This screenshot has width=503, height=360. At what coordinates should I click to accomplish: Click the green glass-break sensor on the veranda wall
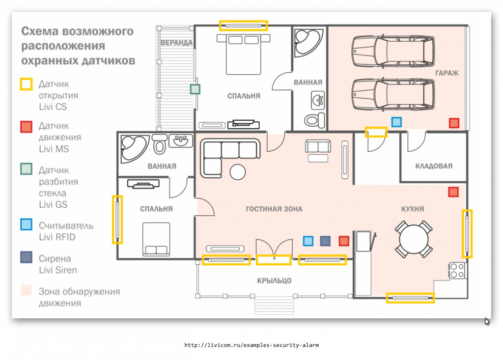click(195, 89)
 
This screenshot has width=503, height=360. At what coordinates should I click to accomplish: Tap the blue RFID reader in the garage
click(397, 122)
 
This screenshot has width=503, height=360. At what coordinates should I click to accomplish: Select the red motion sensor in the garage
click(454, 123)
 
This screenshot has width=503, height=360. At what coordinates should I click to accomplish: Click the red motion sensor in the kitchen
click(453, 192)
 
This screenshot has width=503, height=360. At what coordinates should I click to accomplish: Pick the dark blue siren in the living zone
click(325, 241)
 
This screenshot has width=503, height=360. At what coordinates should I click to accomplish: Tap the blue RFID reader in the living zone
click(308, 241)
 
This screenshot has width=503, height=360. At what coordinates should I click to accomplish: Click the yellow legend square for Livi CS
click(26, 84)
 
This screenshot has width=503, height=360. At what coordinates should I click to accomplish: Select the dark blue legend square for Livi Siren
click(26, 258)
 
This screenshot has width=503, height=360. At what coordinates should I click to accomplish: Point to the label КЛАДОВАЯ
click(434, 166)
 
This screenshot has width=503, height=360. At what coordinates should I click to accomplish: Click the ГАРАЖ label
click(447, 73)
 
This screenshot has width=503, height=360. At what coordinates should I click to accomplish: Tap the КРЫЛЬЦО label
click(274, 281)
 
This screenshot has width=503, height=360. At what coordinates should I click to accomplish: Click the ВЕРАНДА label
click(177, 43)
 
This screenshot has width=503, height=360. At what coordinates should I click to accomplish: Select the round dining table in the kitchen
click(414, 239)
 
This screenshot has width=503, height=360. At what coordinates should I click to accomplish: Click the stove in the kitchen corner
click(458, 270)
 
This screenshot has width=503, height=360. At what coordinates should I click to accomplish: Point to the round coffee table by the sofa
click(238, 172)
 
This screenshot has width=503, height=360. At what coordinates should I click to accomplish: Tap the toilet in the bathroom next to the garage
click(315, 120)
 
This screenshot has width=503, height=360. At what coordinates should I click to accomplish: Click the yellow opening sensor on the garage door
click(376, 132)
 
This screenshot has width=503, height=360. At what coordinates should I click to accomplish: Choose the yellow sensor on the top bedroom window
click(243, 25)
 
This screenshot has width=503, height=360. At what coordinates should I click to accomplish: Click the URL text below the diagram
click(251, 345)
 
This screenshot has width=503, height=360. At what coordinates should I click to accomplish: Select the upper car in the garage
click(393, 51)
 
